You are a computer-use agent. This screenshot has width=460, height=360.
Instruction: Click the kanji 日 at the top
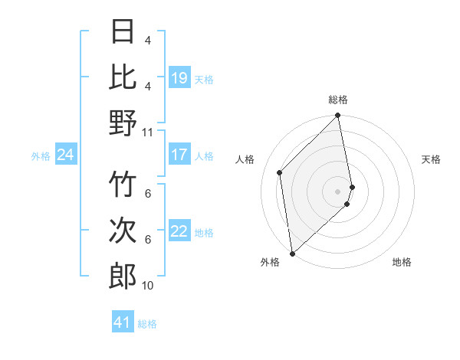coord(123,32)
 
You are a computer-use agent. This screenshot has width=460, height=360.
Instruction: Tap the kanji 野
coord(123,122)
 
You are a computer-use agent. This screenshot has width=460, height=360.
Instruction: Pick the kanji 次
coord(123,231)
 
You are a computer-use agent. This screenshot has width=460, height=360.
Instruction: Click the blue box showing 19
coord(179,77)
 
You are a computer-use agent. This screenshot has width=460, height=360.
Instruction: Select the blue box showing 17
coord(179,155)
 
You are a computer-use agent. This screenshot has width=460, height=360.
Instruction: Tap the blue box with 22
coord(179,231)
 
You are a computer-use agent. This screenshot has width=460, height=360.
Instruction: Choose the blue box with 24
coord(65,155)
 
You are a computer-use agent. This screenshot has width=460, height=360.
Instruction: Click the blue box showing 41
coord(123,322)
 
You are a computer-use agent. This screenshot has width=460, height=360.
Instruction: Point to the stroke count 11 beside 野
coord(148,132)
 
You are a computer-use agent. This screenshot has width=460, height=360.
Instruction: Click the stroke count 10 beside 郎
coord(148,285)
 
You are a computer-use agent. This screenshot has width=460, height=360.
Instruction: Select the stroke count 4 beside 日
coord(148,40)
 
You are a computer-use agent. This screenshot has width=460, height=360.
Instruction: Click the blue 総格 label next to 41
coord(147,324)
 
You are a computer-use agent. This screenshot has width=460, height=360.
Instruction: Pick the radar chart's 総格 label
coord(338,100)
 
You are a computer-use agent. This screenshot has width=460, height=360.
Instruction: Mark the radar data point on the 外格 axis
coord(292,254)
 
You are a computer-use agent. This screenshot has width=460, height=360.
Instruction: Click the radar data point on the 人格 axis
coord(280,172)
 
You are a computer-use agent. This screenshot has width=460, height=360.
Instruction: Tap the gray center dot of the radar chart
coord(338,191)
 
